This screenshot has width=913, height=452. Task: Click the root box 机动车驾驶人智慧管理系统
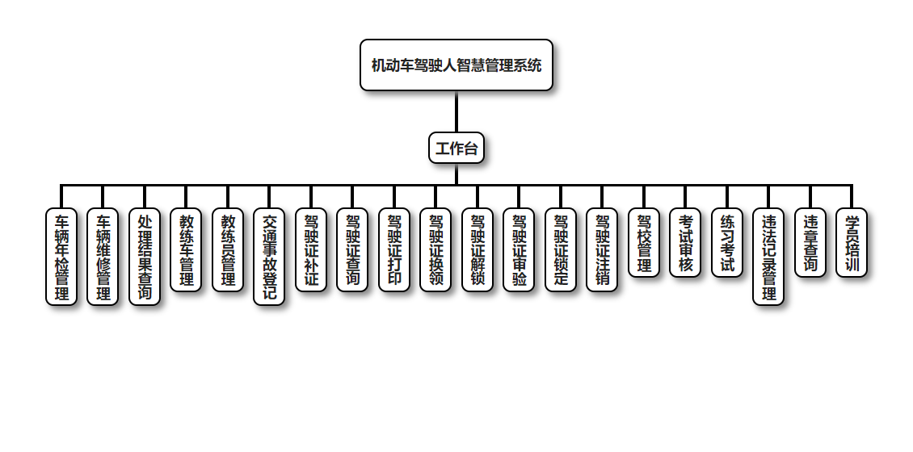[456, 65]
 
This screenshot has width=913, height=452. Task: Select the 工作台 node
[456, 148]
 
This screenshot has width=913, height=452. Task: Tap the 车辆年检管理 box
[61, 257]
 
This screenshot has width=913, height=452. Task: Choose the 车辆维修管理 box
[103, 257]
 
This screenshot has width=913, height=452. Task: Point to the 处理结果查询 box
[145, 257]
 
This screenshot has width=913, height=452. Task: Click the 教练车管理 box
[186, 249]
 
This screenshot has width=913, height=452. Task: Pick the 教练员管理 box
[228, 249]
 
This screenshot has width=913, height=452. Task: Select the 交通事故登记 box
[269, 257]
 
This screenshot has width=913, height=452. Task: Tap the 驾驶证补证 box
[311, 249]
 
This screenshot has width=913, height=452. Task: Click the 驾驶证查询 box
[352, 249]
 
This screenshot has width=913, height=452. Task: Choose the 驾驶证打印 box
[394, 249]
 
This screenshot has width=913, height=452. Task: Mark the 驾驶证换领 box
[435, 249]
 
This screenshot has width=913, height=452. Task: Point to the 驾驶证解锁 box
[478, 249]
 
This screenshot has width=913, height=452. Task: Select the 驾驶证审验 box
[519, 249]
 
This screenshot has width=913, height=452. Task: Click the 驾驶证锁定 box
[561, 249]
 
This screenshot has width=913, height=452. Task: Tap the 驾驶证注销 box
[602, 249]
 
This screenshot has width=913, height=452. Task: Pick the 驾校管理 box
[644, 242]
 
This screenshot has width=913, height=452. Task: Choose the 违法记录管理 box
[768, 257]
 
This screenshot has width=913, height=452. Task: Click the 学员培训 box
[852, 242]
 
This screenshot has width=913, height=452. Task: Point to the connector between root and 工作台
[456, 111]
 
